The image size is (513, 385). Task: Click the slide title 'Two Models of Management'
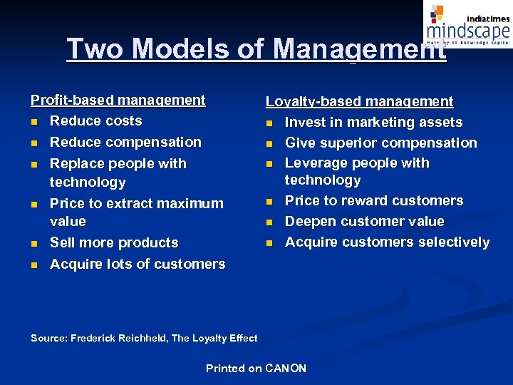pos(256,48)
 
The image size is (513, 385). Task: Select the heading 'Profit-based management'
pos(118,101)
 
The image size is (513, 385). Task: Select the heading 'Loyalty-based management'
pos(359,102)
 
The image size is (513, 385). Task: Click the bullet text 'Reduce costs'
pos(95,121)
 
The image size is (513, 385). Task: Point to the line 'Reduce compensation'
pos(125,143)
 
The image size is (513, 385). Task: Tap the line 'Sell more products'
pos(114,243)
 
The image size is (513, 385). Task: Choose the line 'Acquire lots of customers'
pos(137,265)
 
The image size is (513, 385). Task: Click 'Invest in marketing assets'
pos(373,123)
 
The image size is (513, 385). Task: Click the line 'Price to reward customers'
pos(373,201)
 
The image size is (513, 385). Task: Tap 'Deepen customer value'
pos(364,222)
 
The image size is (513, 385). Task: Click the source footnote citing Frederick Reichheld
pos(144,339)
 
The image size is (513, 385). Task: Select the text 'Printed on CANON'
pos(256,369)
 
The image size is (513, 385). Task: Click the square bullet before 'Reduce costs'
pos(33,122)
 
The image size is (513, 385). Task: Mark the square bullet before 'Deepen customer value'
pos(269,222)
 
